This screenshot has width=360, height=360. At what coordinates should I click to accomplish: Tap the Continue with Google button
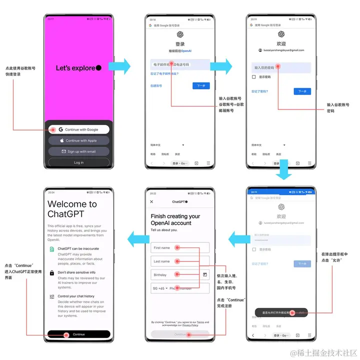(78, 129)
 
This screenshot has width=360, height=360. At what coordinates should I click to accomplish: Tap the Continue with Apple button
(78, 140)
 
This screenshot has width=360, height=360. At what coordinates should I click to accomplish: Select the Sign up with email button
(78, 151)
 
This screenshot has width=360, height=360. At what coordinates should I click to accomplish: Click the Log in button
(78, 162)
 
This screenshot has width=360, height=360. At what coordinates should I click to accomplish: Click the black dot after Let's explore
(98, 68)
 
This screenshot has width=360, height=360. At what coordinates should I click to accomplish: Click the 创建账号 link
(156, 85)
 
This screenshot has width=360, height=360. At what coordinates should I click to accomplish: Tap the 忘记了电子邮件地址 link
(164, 74)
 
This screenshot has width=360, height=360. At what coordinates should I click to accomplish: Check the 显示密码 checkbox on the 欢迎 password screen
(254, 77)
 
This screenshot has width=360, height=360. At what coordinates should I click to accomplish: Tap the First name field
(180, 247)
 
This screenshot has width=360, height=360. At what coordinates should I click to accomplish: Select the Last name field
(180, 261)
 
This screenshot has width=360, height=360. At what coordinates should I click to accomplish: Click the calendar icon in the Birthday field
(205, 274)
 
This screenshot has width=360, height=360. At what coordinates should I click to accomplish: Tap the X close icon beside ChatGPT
(152, 202)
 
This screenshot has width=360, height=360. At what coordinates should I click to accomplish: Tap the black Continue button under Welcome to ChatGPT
(78, 334)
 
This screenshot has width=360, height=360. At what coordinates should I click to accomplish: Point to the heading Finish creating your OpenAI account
(175, 219)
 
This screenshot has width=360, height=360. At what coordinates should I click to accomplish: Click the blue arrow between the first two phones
(119, 66)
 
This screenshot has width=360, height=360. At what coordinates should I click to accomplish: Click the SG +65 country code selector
(159, 288)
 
